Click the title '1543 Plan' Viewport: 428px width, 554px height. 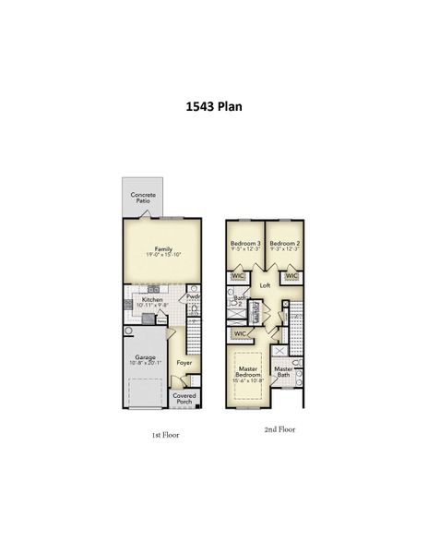pyautogui.click(x=214, y=106)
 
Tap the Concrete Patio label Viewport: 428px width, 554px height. pyautogui.click(x=143, y=198)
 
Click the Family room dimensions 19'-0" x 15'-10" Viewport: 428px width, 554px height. pyautogui.click(x=163, y=255)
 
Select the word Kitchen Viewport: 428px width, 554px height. pyautogui.click(x=152, y=299)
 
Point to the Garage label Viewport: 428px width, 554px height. pyautogui.click(x=145, y=356)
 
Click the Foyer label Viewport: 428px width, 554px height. pyautogui.click(x=184, y=363)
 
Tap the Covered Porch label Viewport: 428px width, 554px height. pyautogui.click(x=184, y=399)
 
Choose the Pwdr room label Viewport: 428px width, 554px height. pyautogui.click(x=193, y=296)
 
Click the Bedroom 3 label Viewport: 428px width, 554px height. pyautogui.click(x=245, y=242)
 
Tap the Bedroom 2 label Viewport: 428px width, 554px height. pyautogui.click(x=285, y=242)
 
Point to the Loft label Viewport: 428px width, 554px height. pyautogui.click(x=265, y=286)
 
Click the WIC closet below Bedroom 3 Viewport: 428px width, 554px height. pyautogui.click(x=238, y=275)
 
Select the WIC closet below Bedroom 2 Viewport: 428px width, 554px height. pyautogui.click(x=291, y=275)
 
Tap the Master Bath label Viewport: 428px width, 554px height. pyautogui.click(x=283, y=371)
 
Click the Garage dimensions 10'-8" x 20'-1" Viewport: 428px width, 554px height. pyautogui.click(x=145, y=363)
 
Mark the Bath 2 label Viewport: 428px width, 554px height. pyautogui.click(x=238, y=301)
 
